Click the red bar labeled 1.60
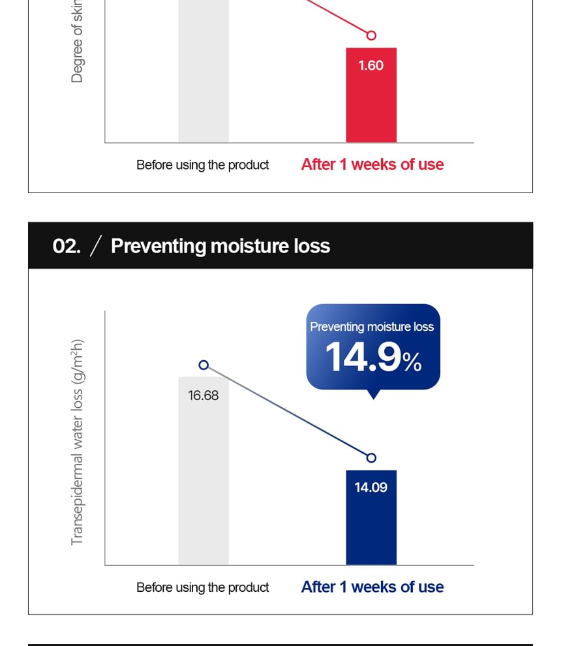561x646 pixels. [371, 104]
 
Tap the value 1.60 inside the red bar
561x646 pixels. [371, 65]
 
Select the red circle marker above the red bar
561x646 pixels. [371, 35]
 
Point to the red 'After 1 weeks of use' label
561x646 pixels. [372, 164]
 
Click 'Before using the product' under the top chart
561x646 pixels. [202, 165]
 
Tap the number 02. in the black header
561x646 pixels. [66, 246]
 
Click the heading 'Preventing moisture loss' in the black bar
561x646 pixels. [220, 246]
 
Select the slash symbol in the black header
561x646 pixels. [95, 246]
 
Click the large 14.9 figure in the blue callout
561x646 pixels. [363, 358]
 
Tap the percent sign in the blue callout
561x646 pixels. [412, 363]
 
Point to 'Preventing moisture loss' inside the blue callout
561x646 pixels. [372, 327]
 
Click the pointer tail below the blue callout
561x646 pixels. [373, 394]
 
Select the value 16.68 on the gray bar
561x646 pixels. [204, 395]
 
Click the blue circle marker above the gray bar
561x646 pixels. [204, 365]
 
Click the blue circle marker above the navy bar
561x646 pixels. [371, 458]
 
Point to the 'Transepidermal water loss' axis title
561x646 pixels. [78, 442]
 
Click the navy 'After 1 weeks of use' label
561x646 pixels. [372, 587]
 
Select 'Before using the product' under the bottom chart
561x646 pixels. [202, 587]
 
